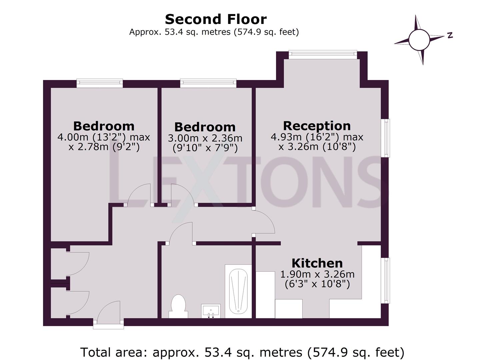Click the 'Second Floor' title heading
pyautogui.click(x=216, y=19)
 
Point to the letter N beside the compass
pyautogui.click(x=450, y=35)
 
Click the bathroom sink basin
pyautogui.click(x=211, y=311)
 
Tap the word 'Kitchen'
pyautogui.click(x=317, y=263)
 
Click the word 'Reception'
pyautogui.click(x=317, y=126)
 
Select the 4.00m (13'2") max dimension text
pyautogui.click(x=104, y=137)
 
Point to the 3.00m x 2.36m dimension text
pyautogui.click(x=205, y=138)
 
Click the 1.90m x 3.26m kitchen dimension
pyautogui.click(x=317, y=274)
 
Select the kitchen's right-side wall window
pyautogui.click(x=385, y=280)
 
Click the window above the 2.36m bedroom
pyautogui.click(x=208, y=83)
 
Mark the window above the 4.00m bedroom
pyautogui.click(x=100, y=83)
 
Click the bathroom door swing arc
pyautogui.click(x=182, y=233)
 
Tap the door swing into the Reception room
pyautogui.click(x=264, y=222)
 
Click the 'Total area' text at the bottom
pyautogui.click(x=242, y=352)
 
